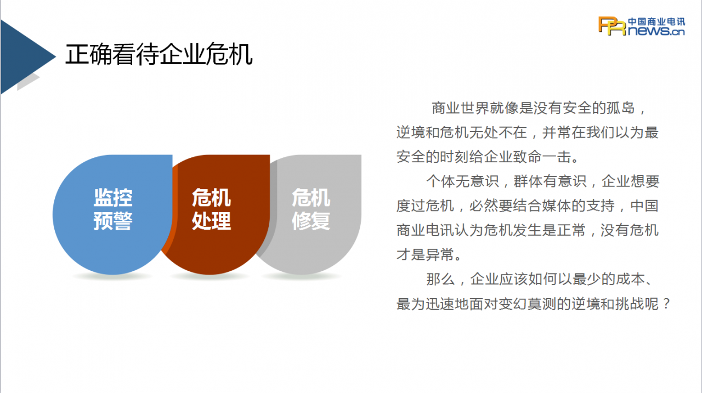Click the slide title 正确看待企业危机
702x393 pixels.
tap(159, 54)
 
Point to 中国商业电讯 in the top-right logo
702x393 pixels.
tap(656, 21)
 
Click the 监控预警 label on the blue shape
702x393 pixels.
tap(113, 209)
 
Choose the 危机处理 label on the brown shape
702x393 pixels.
tap(212, 209)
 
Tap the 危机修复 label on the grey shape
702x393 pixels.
tap(311, 209)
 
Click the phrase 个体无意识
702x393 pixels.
tap(462, 181)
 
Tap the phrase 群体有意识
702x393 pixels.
tap(550, 181)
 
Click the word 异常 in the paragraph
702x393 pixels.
tap(440, 254)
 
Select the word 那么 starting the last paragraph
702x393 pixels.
tap(440, 279)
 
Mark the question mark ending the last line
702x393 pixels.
tap(666, 304)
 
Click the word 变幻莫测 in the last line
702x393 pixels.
tap(528, 304)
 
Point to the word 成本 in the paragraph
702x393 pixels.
tap(631, 279)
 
